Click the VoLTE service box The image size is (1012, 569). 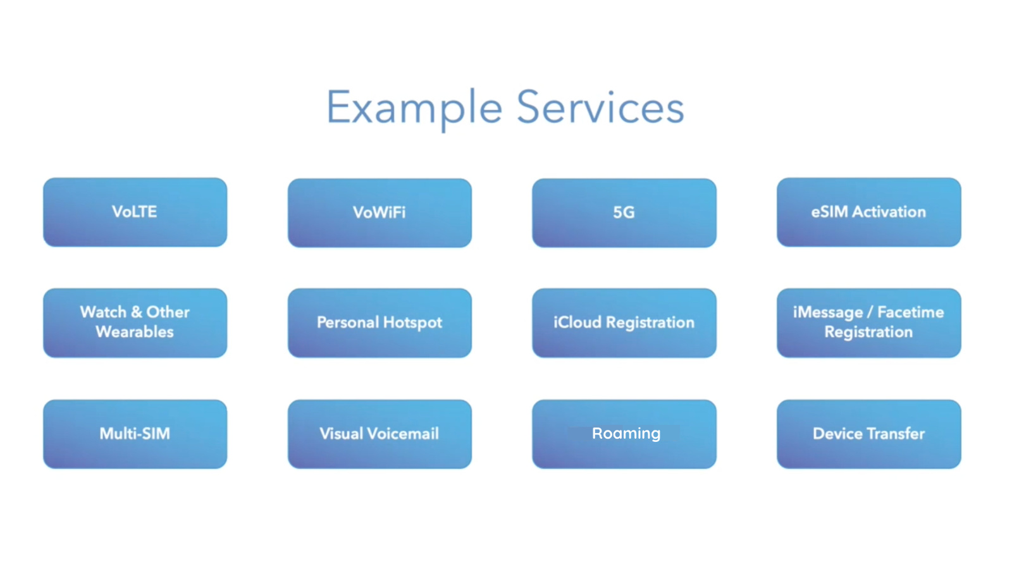point(135,212)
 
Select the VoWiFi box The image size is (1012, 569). point(379,213)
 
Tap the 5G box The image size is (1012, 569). point(624,213)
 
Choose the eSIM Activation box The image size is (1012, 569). point(868,212)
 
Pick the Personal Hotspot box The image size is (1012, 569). point(379,323)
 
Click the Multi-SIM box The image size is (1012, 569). point(135,434)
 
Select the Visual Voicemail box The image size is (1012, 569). point(379,434)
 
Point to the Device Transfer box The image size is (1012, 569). point(868,434)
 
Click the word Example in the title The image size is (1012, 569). point(414,107)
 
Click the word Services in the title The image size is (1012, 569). point(600,107)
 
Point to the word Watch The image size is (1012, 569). point(103,312)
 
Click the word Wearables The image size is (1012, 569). point(135,332)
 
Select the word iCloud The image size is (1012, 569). point(577,322)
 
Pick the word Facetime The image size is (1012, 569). point(910,312)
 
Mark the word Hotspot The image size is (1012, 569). point(412,323)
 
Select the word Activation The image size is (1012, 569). point(889,212)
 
